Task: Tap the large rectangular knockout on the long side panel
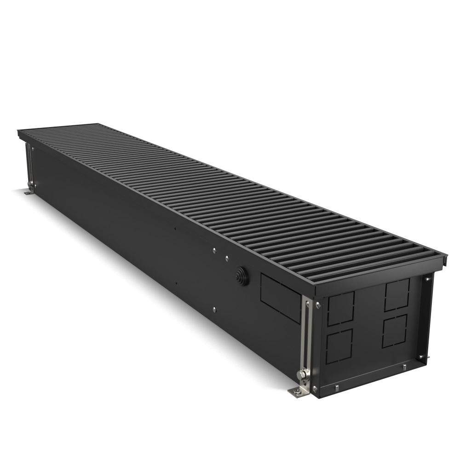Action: coord(281,297)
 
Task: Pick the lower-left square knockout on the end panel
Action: coord(339,346)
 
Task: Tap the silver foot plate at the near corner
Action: coord(297,391)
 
